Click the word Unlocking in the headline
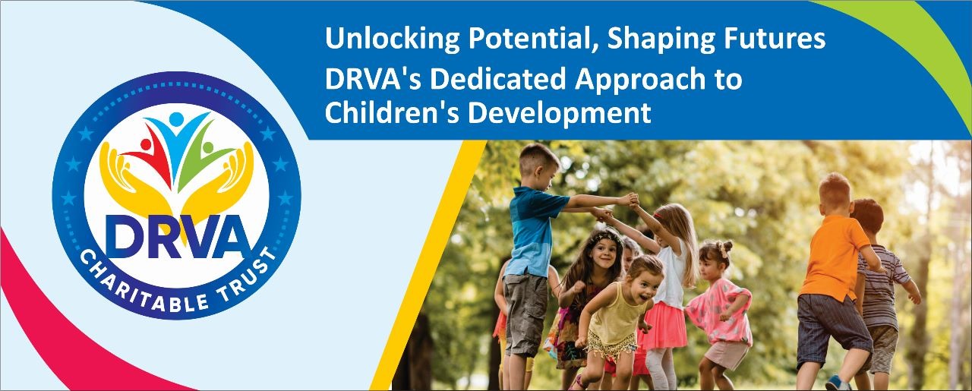coord(393,39)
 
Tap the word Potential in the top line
coord(533,38)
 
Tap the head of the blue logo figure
coord(176,118)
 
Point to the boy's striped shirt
coord(881,286)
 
